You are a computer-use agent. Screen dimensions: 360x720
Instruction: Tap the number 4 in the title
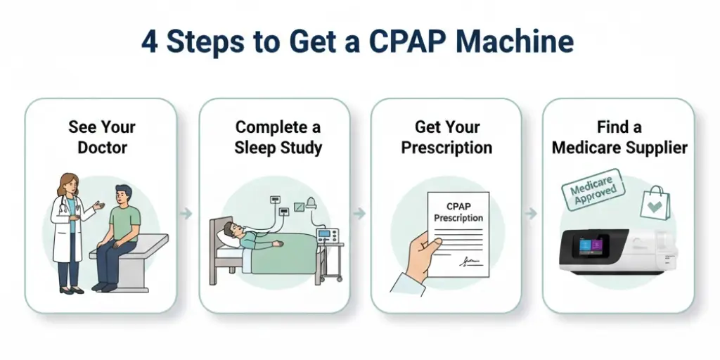tap(149, 42)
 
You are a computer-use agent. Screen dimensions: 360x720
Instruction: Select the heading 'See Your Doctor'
tap(101, 137)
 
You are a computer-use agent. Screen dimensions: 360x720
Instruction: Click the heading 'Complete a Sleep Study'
tap(278, 137)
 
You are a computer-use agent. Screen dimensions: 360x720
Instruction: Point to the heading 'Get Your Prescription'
tap(446, 137)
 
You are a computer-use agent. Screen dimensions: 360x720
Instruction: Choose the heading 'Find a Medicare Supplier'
tap(619, 137)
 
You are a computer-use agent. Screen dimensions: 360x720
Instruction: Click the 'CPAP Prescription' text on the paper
tap(458, 212)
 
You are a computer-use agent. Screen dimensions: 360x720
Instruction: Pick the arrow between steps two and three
tap(360, 213)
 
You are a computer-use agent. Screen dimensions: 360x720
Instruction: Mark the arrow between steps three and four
tap(532, 213)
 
